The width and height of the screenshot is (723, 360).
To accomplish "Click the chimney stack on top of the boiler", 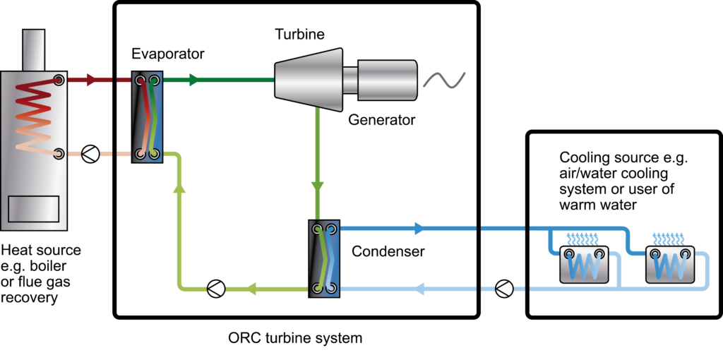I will [x=34, y=49].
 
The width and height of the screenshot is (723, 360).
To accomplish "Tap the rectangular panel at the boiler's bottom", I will [x=33, y=210].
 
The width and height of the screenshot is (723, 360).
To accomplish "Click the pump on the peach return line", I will [x=90, y=154].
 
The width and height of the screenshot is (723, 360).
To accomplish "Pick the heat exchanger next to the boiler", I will [x=148, y=116].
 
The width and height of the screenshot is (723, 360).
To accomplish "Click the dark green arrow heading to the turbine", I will [x=194, y=80].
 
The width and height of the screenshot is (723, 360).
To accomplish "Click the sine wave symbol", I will [x=444, y=80].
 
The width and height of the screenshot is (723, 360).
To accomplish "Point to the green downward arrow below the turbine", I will [x=318, y=187].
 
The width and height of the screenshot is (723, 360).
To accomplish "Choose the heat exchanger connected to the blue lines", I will [x=324, y=258].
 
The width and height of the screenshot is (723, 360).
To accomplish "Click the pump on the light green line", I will [x=215, y=289].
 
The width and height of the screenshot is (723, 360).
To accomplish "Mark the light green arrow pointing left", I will [x=250, y=289].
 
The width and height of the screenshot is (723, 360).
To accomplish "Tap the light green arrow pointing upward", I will [x=179, y=187].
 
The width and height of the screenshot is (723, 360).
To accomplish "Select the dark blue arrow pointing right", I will [x=419, y=228].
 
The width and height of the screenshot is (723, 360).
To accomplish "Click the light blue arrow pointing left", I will [x=418, y=289].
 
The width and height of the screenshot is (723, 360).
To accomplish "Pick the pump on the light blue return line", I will [x=503, y=289].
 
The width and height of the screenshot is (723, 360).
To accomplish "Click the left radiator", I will [x=583, y=264].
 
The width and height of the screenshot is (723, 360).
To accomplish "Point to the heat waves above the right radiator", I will [x=668, y=237].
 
